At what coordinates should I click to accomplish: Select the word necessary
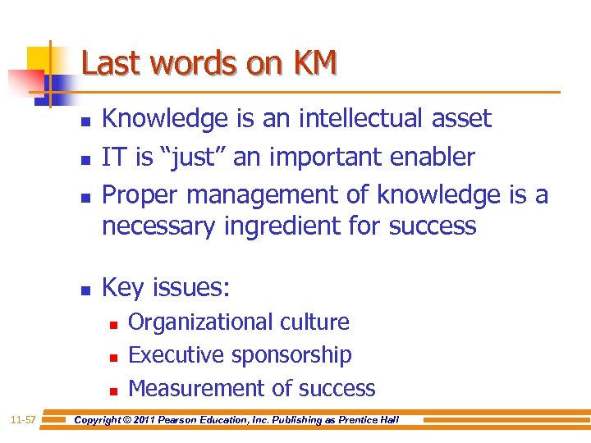[159, 225]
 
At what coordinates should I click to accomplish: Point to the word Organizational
[197, 322]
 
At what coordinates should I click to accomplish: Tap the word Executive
[176, 355]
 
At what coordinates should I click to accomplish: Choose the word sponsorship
[291, 355]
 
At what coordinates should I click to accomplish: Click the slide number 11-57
[23, 420]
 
